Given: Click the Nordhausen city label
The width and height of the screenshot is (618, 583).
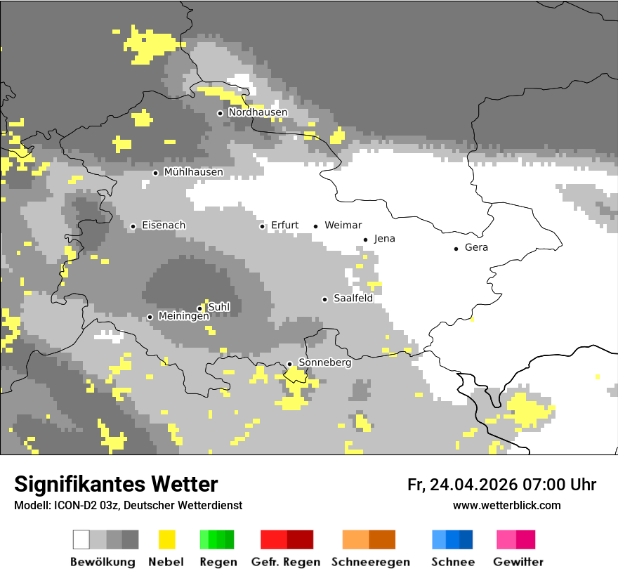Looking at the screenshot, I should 258,112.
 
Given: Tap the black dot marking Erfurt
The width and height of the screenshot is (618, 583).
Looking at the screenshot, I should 263,226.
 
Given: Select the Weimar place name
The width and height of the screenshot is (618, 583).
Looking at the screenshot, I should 343,225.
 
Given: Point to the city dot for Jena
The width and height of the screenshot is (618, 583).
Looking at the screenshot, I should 366,240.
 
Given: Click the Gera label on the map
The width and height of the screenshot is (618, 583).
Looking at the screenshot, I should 476,248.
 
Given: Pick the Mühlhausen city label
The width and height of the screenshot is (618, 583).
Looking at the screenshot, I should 193,172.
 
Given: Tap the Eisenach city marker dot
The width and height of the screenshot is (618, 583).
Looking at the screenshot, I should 133,226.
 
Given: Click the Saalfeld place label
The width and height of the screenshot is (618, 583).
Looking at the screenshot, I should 353,299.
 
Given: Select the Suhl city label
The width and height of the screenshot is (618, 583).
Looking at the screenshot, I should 219,307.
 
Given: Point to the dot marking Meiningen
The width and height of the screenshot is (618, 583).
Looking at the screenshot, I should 150,317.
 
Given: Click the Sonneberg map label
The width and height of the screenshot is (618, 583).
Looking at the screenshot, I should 324,363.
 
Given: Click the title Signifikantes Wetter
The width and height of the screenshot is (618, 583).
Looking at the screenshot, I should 116,484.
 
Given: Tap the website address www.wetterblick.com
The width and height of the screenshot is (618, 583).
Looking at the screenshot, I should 506,505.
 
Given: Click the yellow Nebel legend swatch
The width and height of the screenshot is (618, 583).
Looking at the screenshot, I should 166,539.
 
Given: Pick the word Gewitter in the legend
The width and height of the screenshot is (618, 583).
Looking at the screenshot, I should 518,562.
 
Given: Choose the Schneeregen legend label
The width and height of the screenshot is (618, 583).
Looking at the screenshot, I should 370,562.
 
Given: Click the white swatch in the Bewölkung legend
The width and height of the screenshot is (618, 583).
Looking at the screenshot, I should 81,539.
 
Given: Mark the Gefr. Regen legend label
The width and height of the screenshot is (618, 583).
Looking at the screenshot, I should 285,562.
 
